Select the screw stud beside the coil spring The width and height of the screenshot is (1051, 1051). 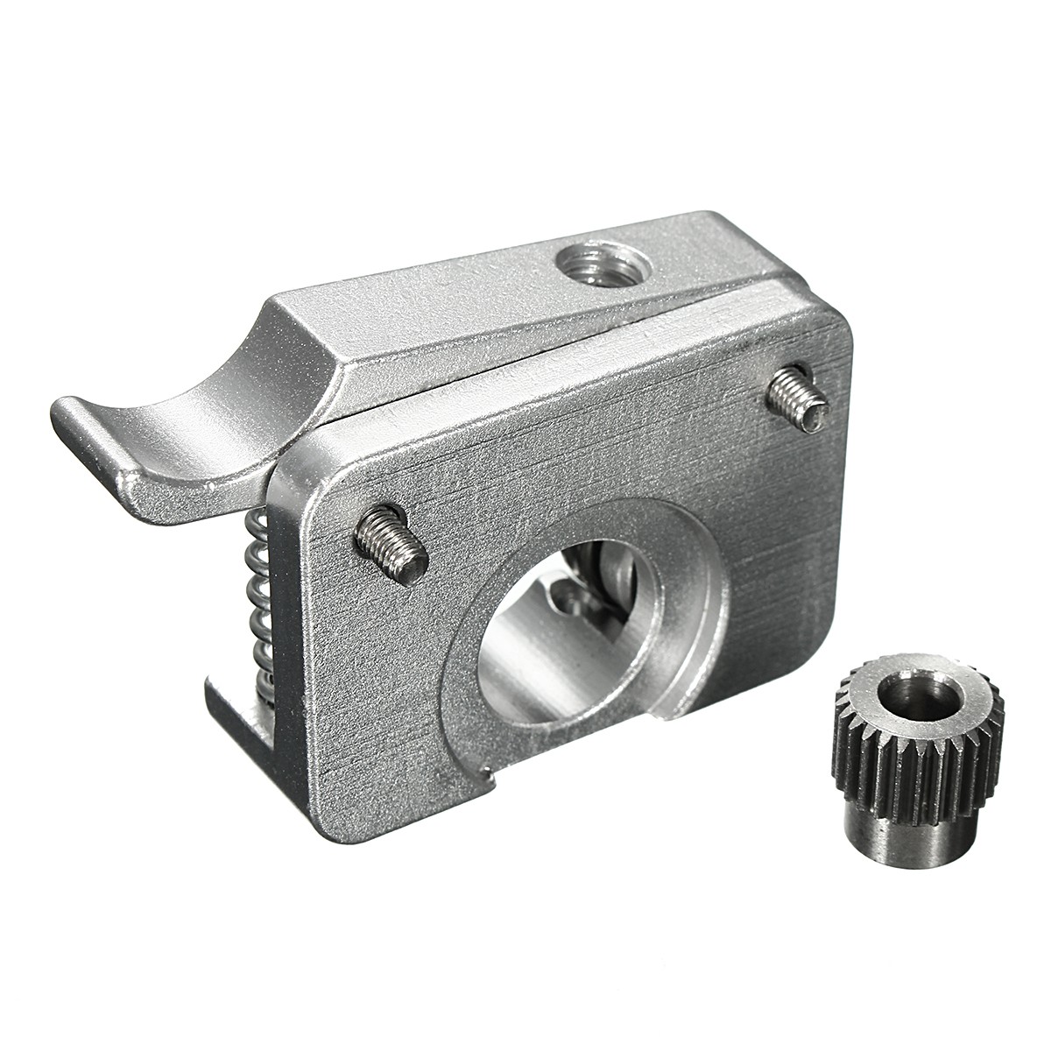point(390,549)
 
